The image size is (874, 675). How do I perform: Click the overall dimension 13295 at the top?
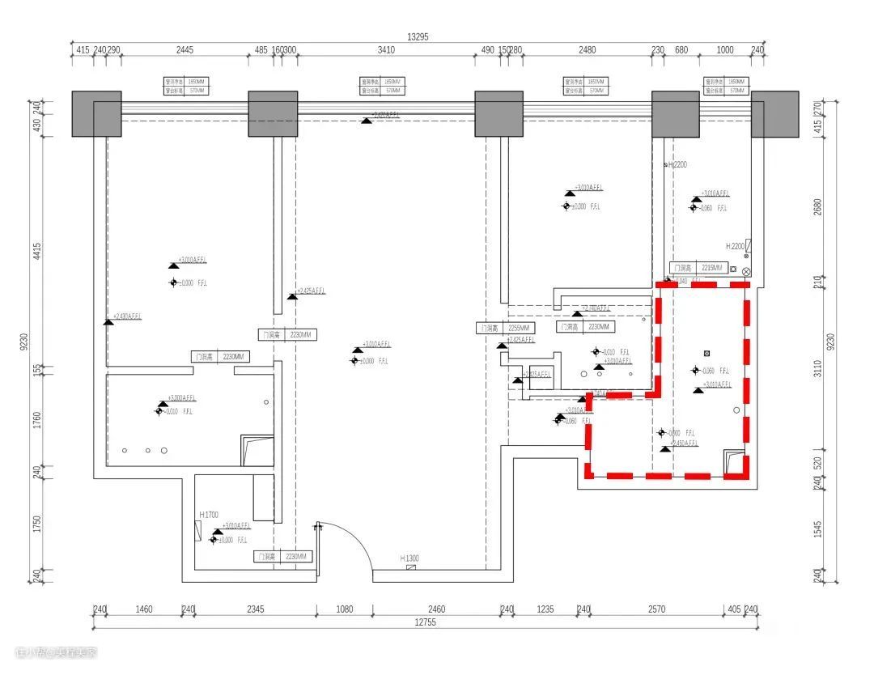(x=418, y=36)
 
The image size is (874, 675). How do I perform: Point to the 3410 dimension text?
(x=386, y=50)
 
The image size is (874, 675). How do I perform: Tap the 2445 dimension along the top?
(x=185, y=50)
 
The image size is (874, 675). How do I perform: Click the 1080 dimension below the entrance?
(x=345, y=609)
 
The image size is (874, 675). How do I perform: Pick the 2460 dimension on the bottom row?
(x=436, y=609)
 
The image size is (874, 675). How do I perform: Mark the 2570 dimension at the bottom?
(x=656, y=609)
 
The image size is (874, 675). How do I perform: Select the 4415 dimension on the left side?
(x=36, y=250)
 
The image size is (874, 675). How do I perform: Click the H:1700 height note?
(x=209, y=515)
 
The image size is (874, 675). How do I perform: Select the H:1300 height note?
(x=409, y=558)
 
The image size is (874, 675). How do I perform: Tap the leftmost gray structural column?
(x=96, y=114)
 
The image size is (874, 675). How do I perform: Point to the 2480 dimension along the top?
(x=587, y=50)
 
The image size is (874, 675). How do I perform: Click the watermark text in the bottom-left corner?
(x=55, y=652)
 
